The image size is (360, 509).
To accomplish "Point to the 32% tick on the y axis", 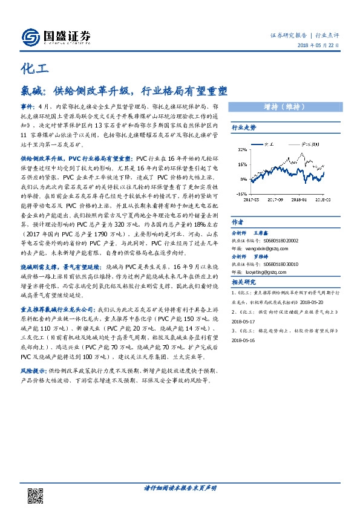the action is coord(242,149).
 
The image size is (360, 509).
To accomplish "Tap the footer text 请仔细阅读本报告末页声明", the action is coord(180,487).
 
